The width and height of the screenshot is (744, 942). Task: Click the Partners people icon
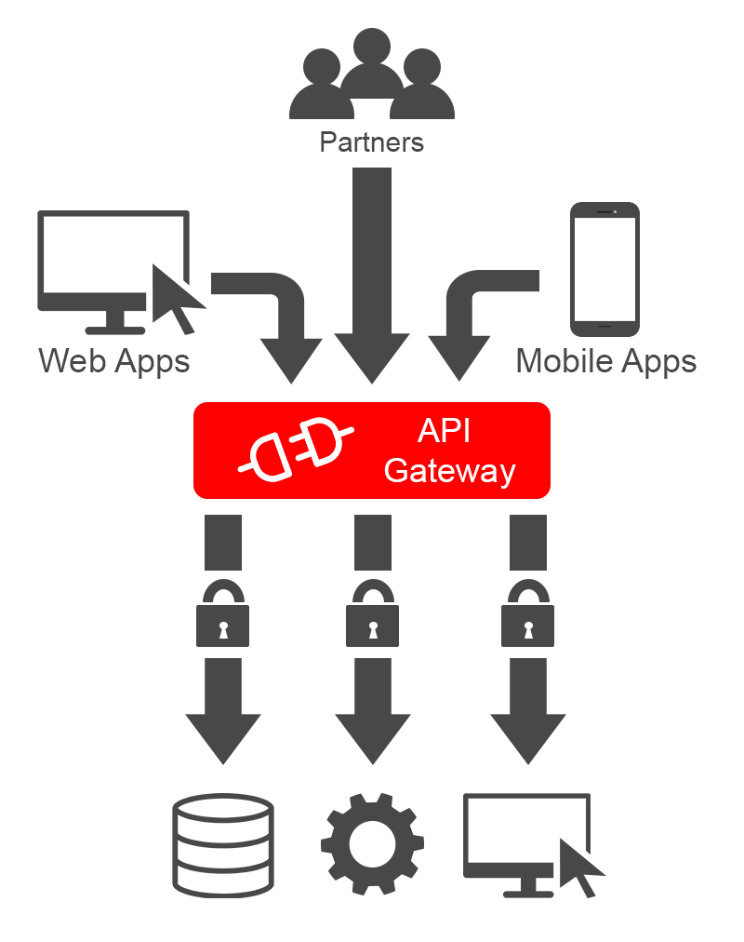[x=371, y=79]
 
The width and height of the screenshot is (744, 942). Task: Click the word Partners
[x=371, y=142]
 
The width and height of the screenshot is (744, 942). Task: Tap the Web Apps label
[x=114, y=360]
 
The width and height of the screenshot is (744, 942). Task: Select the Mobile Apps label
[x=605, y=360]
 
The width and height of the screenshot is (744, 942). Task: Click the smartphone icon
[x=604, y=269]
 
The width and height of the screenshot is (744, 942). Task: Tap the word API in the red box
[x=445, y=431]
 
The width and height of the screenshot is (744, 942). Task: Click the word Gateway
[x=449, y=470]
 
